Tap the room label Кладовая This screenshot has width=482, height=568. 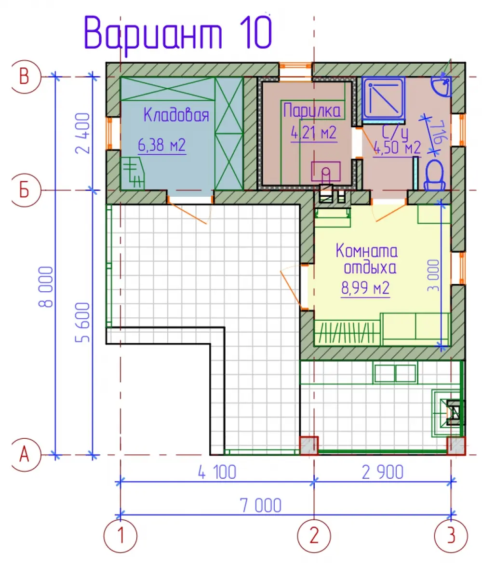(x=176, y=115)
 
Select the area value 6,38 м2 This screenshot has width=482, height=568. (x=162, y=145)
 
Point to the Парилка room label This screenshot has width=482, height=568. (x=312, y=110)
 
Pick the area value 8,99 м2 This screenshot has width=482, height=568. (x=365, y=288)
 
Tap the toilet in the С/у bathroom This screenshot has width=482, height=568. (x=435, y=176)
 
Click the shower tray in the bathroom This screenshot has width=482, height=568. (x=384, y=98)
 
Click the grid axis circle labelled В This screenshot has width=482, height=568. (x=25, y=77)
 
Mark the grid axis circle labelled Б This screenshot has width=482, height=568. (x=25, y=190)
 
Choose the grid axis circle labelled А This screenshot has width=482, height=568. (x=25, y=454)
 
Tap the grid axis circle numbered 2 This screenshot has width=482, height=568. (x=314, y=535)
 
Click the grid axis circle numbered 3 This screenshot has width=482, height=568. (x=451, y=535)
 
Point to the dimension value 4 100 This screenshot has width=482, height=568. (x=217, y=473)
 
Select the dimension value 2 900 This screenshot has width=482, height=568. (x=382, y=473)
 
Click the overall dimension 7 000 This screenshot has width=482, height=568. (x=260, y=506)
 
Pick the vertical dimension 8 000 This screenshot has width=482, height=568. (x=46, y=287)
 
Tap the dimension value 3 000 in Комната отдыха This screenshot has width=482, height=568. (x=433, y=275)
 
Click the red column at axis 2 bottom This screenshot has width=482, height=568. (x=309, y=445)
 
